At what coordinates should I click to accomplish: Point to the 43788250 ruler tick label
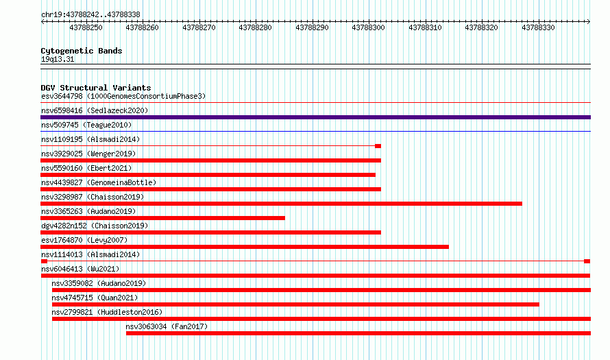(x=86, y=27)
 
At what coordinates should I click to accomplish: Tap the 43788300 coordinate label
(x=368, y=27)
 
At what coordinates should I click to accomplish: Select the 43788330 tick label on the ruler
(x=537, y=27)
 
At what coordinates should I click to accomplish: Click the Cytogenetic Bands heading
(x=82, y=51)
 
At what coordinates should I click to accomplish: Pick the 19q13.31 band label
(x=58, y=59)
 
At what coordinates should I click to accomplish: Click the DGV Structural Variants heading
(x=96, y=88)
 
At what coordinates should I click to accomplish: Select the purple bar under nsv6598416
(x=315, y=117)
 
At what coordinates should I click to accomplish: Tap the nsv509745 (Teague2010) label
(x=86, y=125)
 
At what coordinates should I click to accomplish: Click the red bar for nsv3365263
(x=163, y=218)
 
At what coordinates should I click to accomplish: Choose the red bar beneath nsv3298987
(x=281, y=204)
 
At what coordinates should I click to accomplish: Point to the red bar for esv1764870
(x=245, y=247)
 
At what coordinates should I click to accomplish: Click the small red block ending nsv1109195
(x=378, y=146)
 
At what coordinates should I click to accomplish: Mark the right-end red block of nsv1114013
(x=587, y=261)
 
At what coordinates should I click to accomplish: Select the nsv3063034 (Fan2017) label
(x=167, y=326)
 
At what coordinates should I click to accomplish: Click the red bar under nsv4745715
(x=295, y=304)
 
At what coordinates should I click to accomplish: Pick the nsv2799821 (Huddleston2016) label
(x=107, y=312)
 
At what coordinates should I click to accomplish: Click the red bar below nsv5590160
(x=208, y=175)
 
